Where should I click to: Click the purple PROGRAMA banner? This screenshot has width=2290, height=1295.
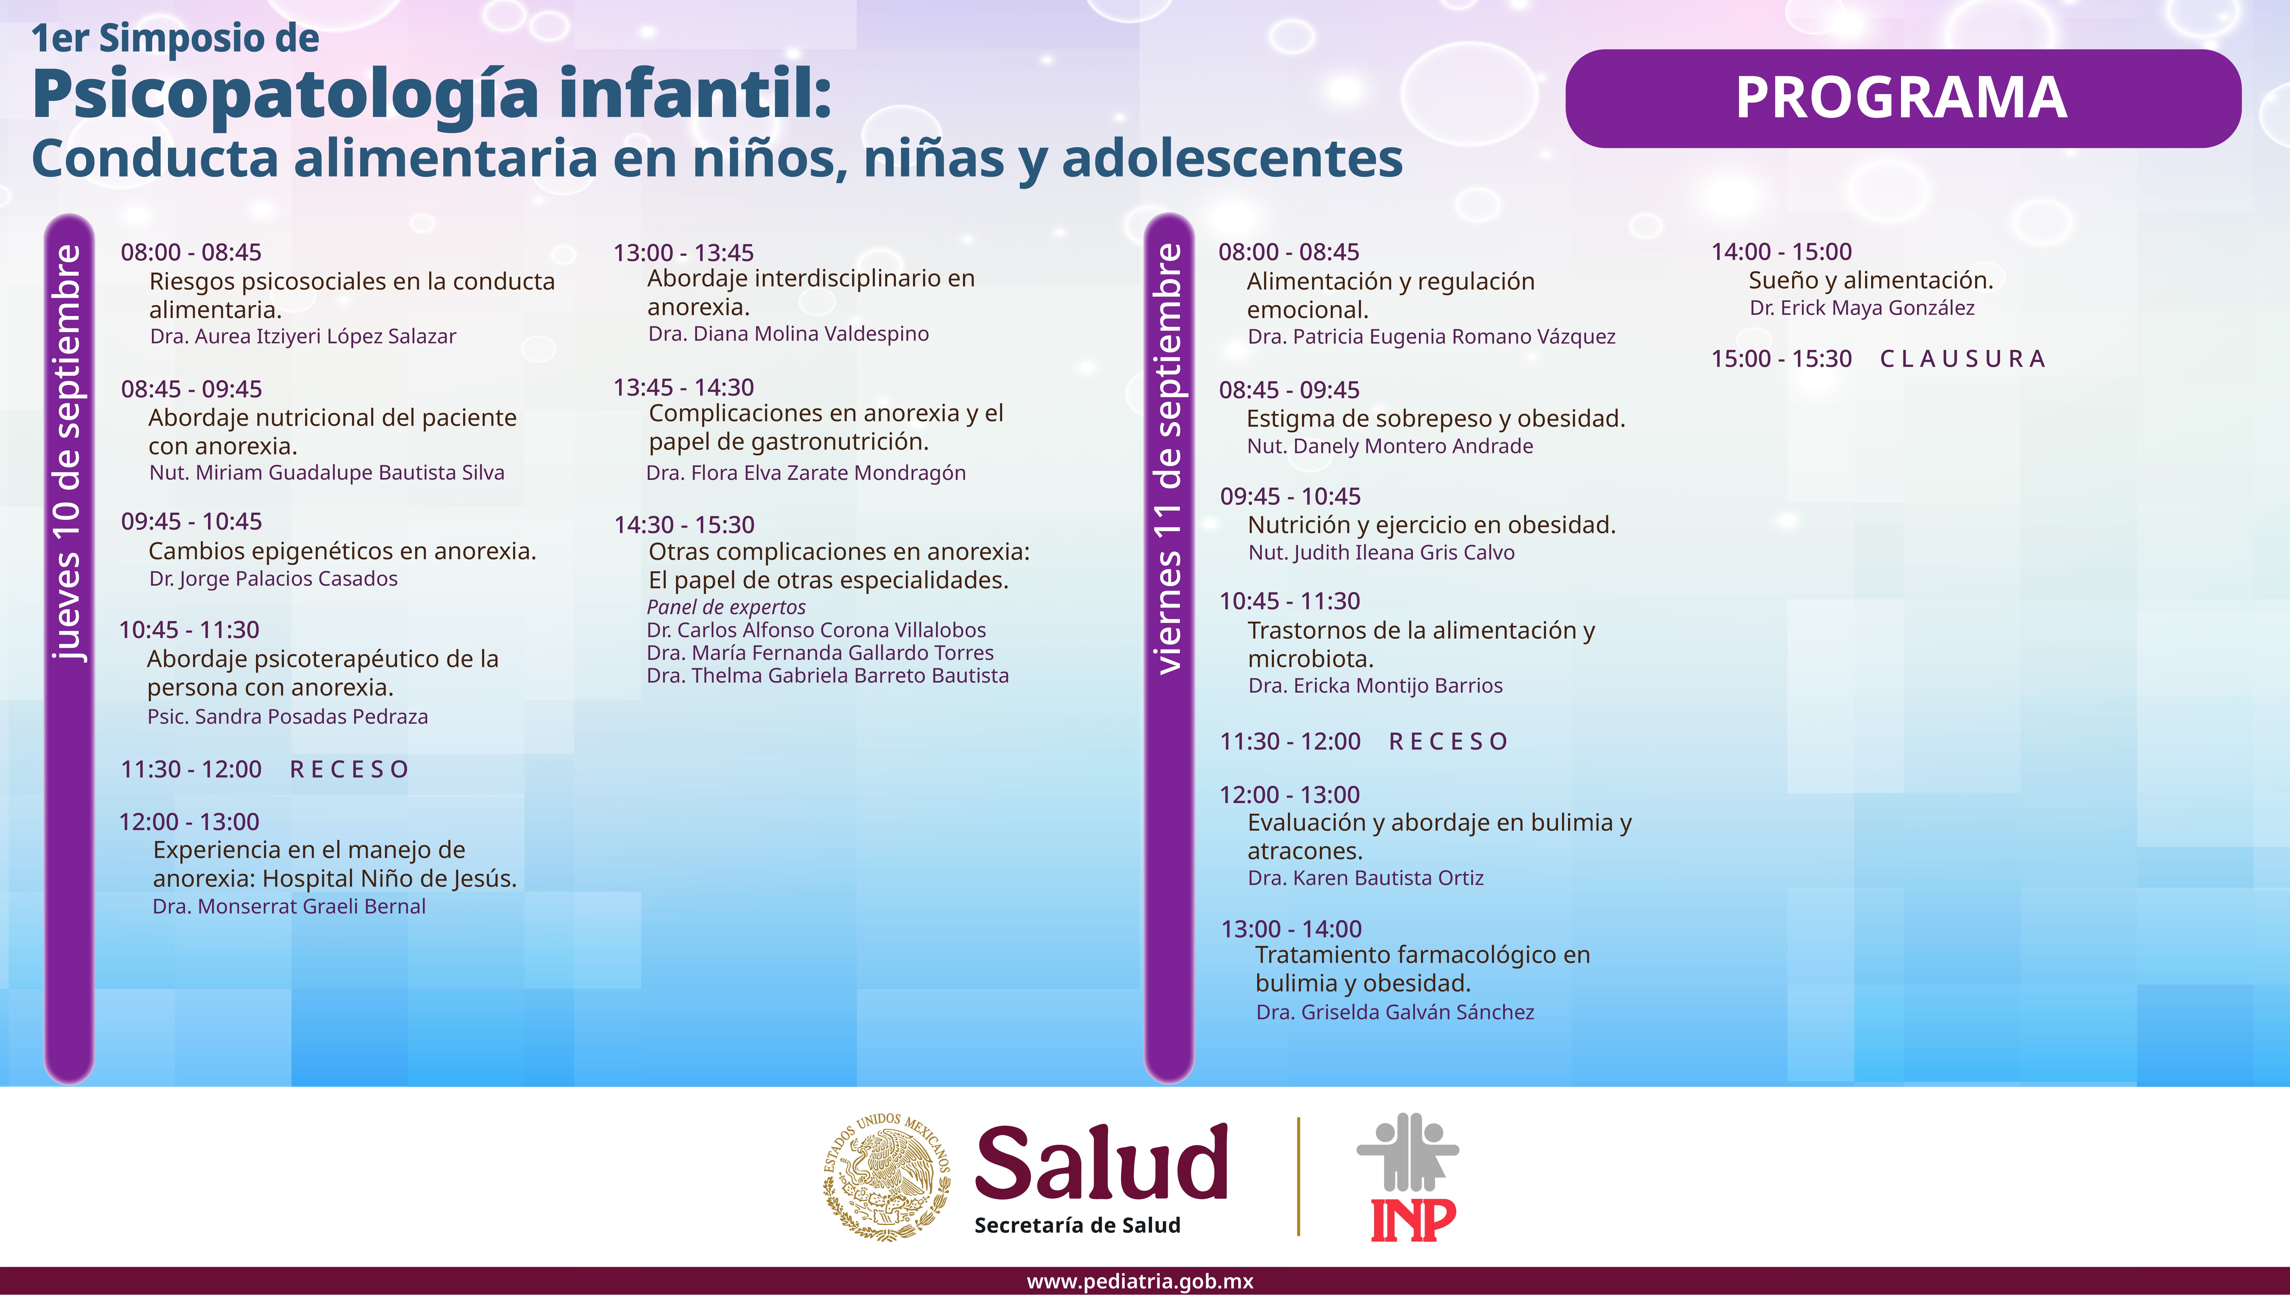click(1902, 98)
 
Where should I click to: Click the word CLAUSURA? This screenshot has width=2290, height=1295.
click(1962, 359)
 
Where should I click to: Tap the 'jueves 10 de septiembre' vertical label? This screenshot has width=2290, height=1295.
click(68, 452)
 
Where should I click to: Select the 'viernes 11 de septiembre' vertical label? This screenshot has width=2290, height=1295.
click(1169, 458)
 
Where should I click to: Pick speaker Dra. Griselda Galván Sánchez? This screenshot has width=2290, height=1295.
click(1395, 1012)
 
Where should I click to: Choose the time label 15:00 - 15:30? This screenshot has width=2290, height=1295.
click(1781, 359)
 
